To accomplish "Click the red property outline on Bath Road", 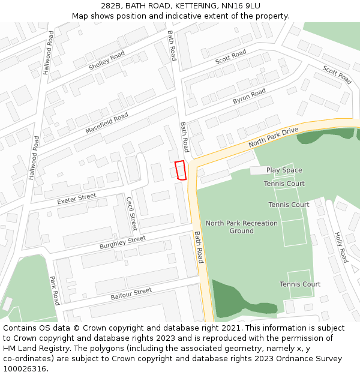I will pos(180,170).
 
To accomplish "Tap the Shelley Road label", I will pos(107,61).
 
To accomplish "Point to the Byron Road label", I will pos(249,96).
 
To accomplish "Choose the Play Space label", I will pos(284,170).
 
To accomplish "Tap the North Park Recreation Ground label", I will pos(242,227).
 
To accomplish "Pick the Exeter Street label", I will pos(77,198).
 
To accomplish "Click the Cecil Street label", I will pos(131,214).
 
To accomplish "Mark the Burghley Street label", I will pos(123,243).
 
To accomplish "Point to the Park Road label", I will pos(54,290).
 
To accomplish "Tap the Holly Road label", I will pos(340,247).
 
